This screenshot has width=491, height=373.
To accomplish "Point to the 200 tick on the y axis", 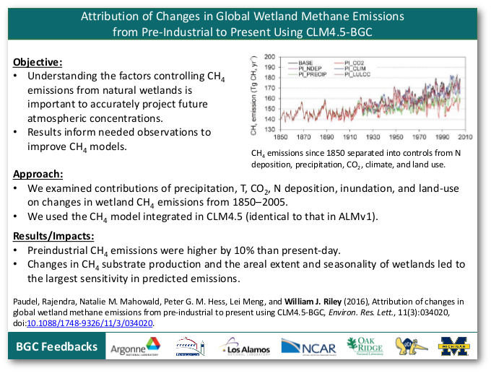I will tap(269, 57).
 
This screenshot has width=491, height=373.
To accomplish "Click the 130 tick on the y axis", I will tap(269, 129).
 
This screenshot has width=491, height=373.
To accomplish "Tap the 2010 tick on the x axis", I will tap(465, 137).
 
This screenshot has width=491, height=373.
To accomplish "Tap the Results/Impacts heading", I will tap(53, 236).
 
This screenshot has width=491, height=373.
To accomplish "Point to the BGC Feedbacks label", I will tap(58, 347).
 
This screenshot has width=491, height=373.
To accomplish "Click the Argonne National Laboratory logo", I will tap(135, 348).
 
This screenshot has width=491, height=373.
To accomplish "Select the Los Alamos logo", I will tap(246, 347).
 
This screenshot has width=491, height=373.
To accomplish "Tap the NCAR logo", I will tap(308, 347).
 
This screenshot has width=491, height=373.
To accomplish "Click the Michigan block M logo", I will tap(456, 347).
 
